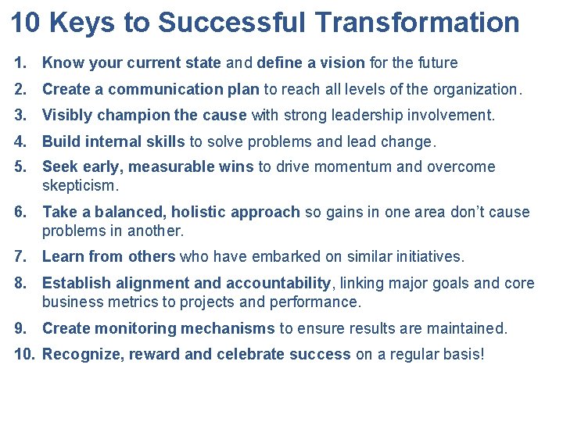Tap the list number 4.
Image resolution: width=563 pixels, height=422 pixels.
tap(21, 142)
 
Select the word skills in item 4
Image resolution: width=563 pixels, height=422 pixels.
tap(163, 142)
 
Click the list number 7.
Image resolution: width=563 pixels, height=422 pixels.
tap(21, 256)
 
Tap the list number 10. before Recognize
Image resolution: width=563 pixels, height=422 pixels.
tap(25, 355)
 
